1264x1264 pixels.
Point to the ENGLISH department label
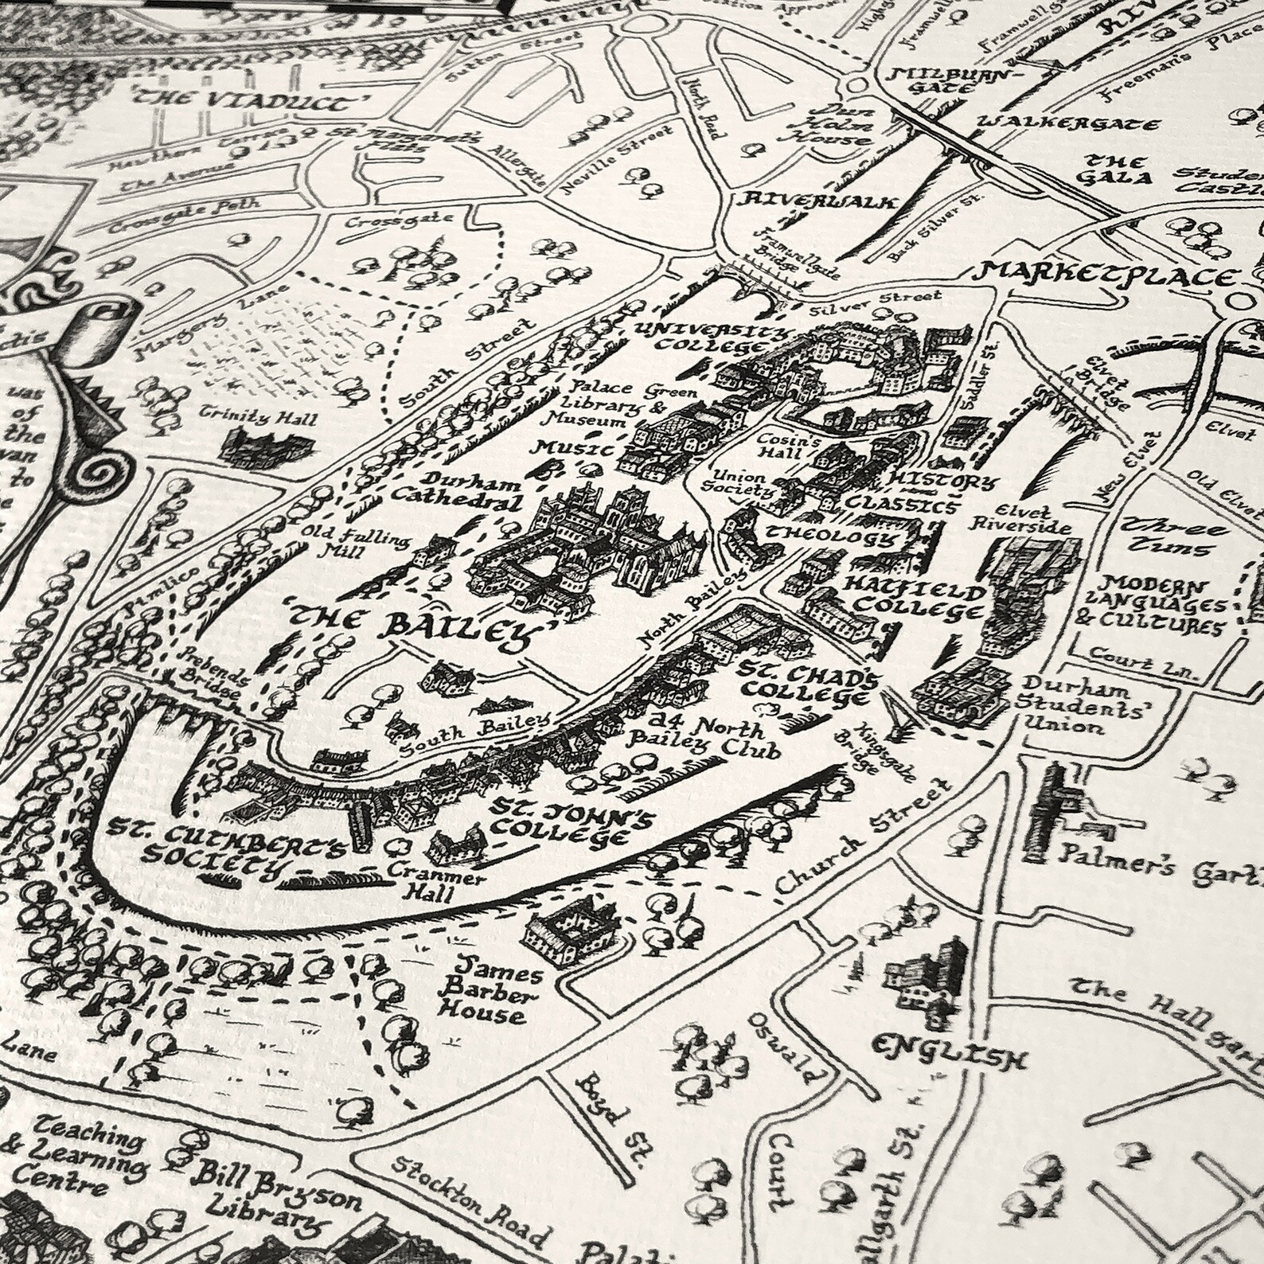click(947, 1049)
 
